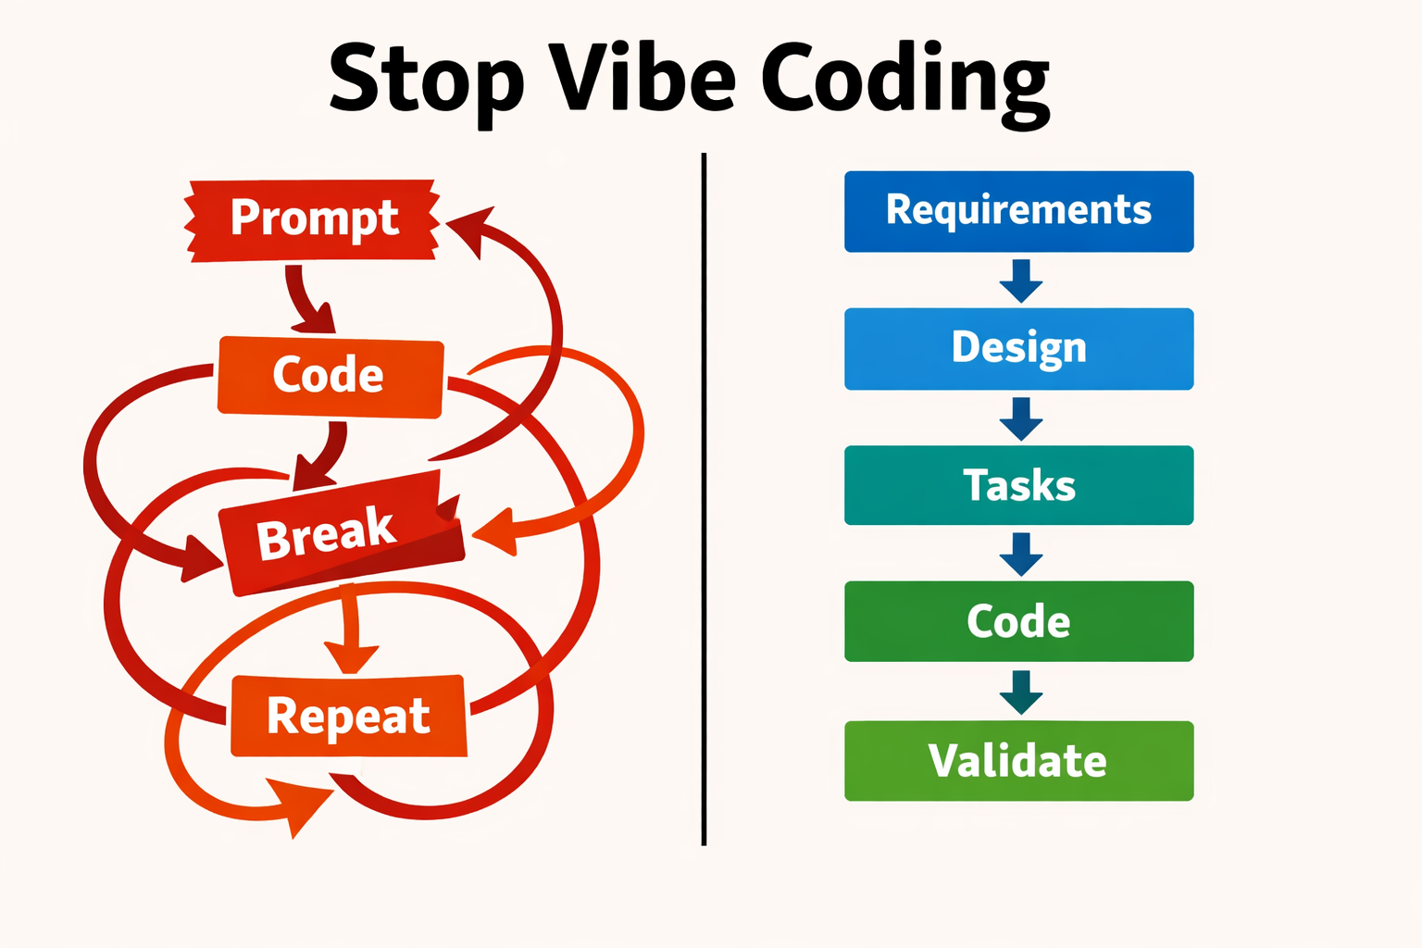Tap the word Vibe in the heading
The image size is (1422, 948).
(642, 76)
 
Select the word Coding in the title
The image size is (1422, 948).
(905, 84)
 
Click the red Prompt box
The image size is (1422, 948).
(312, 219)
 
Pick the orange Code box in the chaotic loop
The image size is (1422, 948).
(331, 377)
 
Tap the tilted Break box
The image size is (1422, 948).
(342, 533)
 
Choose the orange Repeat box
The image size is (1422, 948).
(348, 716)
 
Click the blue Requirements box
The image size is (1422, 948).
(1019, 211)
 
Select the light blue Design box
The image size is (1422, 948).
(1019, 349)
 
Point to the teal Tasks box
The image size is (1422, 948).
(1019, 485)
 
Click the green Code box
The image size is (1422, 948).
(1019, 621)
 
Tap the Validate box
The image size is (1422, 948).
(1019, 761)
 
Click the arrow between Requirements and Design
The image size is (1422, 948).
(1021, 281)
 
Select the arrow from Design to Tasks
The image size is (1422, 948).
(1021, 419)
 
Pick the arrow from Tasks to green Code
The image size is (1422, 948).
(1021, 555)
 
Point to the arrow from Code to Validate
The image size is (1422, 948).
(1021, 692)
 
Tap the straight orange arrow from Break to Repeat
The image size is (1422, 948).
(351, 629)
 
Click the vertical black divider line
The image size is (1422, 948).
(704, 499)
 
